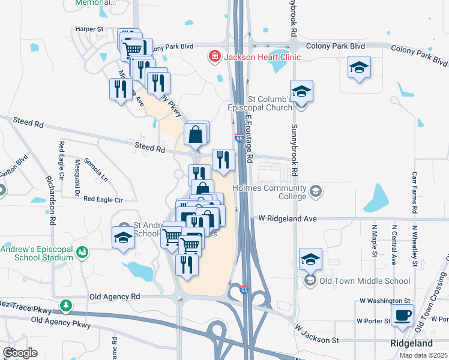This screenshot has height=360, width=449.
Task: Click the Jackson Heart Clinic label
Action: [262, 58]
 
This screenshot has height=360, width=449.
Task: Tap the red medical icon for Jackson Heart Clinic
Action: [213, 58]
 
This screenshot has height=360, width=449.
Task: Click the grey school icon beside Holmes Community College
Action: [315, 192]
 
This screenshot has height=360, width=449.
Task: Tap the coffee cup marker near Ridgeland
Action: [402, 314]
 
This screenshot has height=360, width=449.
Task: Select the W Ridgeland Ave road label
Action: [288, 219]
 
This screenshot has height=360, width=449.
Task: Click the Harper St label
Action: [89, 28]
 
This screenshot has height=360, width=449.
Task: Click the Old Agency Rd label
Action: [114, 296]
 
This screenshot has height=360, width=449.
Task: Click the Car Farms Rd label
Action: [414, 193]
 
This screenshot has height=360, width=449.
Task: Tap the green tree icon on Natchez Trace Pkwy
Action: [65, 307]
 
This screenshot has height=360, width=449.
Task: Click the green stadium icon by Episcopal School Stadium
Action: [82, 253]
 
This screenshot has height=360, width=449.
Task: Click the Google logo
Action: [20, 353]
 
